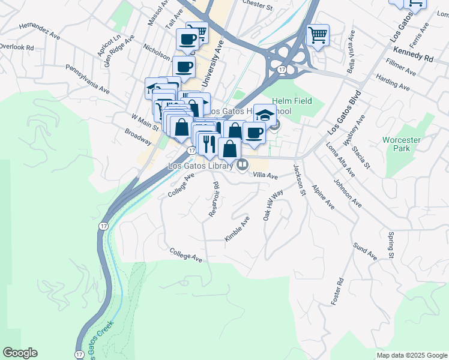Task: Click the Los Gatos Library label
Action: tap(202, 165)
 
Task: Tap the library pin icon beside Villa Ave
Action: tap(243, 165)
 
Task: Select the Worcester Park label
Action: tap(402, 145)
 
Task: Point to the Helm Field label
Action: tap(292, 101)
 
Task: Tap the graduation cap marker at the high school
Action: tap(265, 114)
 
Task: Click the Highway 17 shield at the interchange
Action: tap(282, 70)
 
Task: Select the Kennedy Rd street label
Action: tap(421, 59)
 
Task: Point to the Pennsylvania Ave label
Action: tap(88, 79)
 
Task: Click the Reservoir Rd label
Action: tap(214, 199)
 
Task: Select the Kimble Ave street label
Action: tap(237, 229)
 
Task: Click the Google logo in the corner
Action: tap(20, 353)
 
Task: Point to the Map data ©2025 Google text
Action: tap(411, 355)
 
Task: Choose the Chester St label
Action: tap(258, 4)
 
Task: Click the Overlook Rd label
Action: tap(17, 46)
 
